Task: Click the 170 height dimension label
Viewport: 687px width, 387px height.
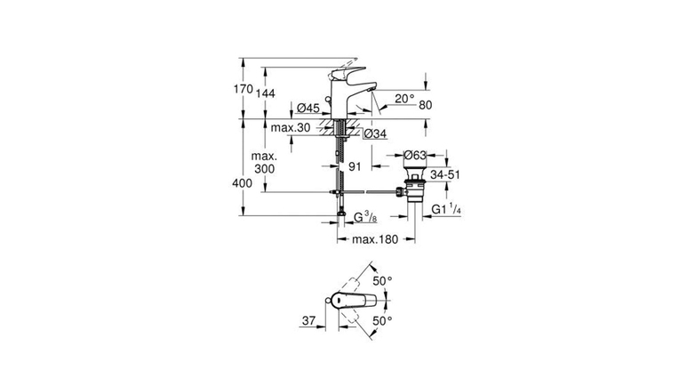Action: [244, 89]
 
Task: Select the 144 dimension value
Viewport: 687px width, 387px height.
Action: [266, 93]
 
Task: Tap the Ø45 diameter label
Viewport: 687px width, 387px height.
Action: [308, 108]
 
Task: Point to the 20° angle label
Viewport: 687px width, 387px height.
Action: [404, 99]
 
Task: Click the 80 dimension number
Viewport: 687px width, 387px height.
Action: [426, 105]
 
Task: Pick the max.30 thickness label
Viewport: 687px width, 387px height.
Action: [291, 128]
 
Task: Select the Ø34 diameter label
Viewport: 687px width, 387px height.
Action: [375, 133]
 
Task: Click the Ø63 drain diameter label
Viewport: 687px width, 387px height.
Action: [415, 155]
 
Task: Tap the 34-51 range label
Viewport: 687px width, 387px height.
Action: [445, 174]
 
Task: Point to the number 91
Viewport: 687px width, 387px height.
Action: [355, 166]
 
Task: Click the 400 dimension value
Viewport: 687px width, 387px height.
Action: [243, 183]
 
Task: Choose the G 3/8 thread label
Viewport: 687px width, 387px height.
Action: [365, 217]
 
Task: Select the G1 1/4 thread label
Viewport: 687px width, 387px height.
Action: [446, 210]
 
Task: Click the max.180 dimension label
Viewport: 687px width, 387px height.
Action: [375, 239]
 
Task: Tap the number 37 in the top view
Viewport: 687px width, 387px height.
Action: [308, 321]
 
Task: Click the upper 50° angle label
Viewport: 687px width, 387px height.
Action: [382, 281]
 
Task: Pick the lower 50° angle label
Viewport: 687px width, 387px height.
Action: [382, 321]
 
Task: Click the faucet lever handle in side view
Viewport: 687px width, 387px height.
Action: [349, 72]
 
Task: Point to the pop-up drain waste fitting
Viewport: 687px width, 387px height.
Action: [414, 184]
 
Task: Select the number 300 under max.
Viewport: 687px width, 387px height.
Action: [264, 169]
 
